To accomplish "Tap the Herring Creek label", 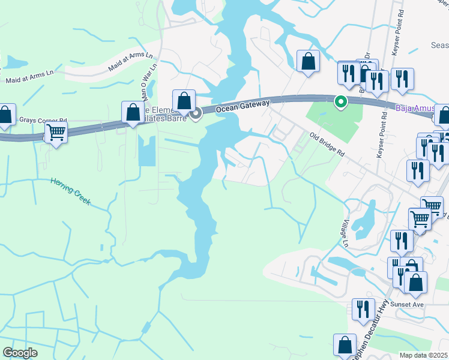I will pyautogui.click(x=70, y=190).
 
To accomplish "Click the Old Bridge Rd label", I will pyautogui.click(x=328, y=145).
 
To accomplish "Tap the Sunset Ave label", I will pyautogui.click(x=408, y=305).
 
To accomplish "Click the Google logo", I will pyautogui.click(x=20, y=353).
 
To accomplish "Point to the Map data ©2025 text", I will pyautogui.click(x=424, y=355).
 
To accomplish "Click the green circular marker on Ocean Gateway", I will pyautogui.click(x=340, y=102).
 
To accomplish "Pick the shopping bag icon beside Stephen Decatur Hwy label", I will pyautogui.click(x=345, y=344).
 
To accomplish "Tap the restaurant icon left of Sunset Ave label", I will pyautogui.click(x=363, y=308).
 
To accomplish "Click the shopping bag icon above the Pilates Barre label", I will pyautogui.click(x=184, y=100).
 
